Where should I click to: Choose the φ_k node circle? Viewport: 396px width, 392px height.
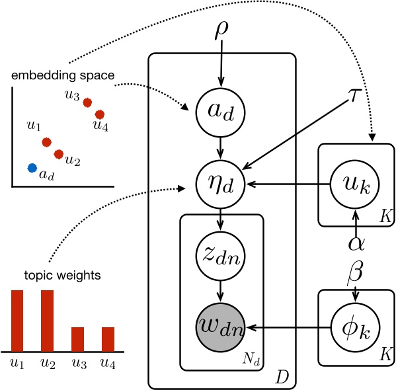(x=355, y=326)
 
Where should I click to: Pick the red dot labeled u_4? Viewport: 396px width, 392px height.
(x=100, y=114)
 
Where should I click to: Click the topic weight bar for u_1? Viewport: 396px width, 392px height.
(x=17, y=320)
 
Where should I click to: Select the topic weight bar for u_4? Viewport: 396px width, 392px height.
(x=108, y=338)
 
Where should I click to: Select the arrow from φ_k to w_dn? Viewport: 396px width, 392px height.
(x=291, y=326)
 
